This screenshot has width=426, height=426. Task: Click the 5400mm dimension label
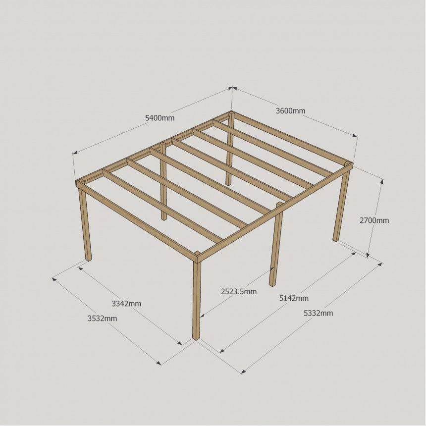tap(160, 118)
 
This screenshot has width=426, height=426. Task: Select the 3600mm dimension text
tap(290, 111)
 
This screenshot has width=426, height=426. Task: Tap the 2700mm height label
tap(374, 220)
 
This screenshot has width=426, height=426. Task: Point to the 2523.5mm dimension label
tap(239, 292)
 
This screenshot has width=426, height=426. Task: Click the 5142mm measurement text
tap(294, 298)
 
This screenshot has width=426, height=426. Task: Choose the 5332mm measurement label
tap(318, 313)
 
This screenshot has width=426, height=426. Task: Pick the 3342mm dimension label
tap(126, 304)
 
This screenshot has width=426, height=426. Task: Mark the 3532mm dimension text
tap(102, 318)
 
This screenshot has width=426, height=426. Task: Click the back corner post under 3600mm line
tap(230, 148)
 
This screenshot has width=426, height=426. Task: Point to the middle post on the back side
tap(163, 181)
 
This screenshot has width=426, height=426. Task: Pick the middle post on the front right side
tap(275, 244)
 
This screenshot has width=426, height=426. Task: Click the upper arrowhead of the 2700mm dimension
tap(382, 182)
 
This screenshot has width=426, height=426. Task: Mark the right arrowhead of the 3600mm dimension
tap(355, 136)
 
